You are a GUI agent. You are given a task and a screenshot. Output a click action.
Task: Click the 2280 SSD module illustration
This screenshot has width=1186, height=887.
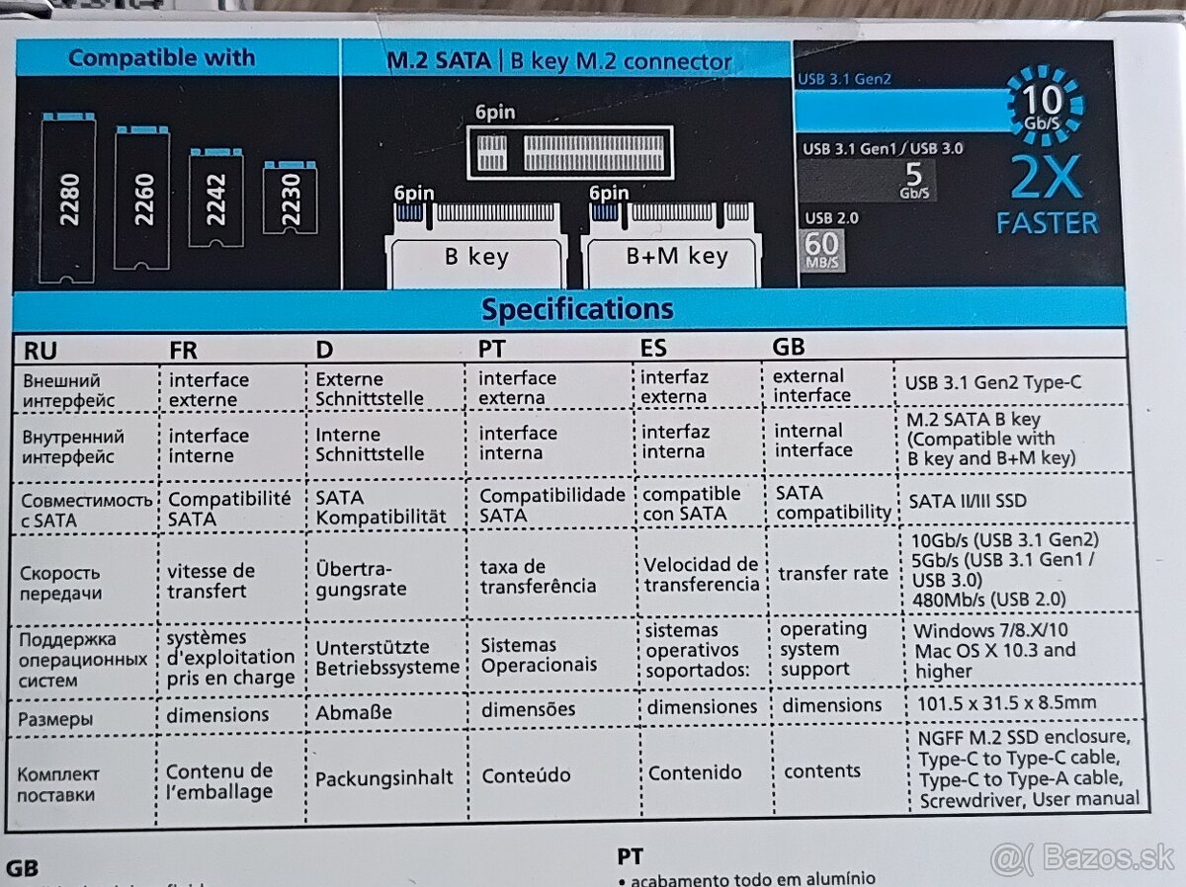(68, 197)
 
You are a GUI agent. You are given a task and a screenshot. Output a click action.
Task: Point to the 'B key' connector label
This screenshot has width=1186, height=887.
(476, 258)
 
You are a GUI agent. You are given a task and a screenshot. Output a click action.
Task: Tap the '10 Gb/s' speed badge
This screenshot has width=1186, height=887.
(1045, 104)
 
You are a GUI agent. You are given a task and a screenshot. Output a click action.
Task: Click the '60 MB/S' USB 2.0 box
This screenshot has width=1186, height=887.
(820, 250)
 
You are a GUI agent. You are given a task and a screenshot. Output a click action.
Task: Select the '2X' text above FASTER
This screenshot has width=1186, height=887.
(1047, 179)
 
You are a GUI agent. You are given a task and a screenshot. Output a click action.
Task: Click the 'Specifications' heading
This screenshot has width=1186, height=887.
(577, 309)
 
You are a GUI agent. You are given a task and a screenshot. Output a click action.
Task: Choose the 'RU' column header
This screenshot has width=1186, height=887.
(40, 349)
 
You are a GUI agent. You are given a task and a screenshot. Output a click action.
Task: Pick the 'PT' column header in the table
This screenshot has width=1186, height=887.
(491, 348)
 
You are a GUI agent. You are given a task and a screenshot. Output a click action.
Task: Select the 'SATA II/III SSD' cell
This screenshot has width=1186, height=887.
(968, 501)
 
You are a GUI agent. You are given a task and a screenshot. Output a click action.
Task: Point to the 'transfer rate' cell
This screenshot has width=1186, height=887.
(832, 573)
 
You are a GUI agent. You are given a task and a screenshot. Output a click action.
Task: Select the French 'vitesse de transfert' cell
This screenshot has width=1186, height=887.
(211, 581)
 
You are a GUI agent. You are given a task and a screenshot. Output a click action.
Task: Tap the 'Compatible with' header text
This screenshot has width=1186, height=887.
(161, 58)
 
